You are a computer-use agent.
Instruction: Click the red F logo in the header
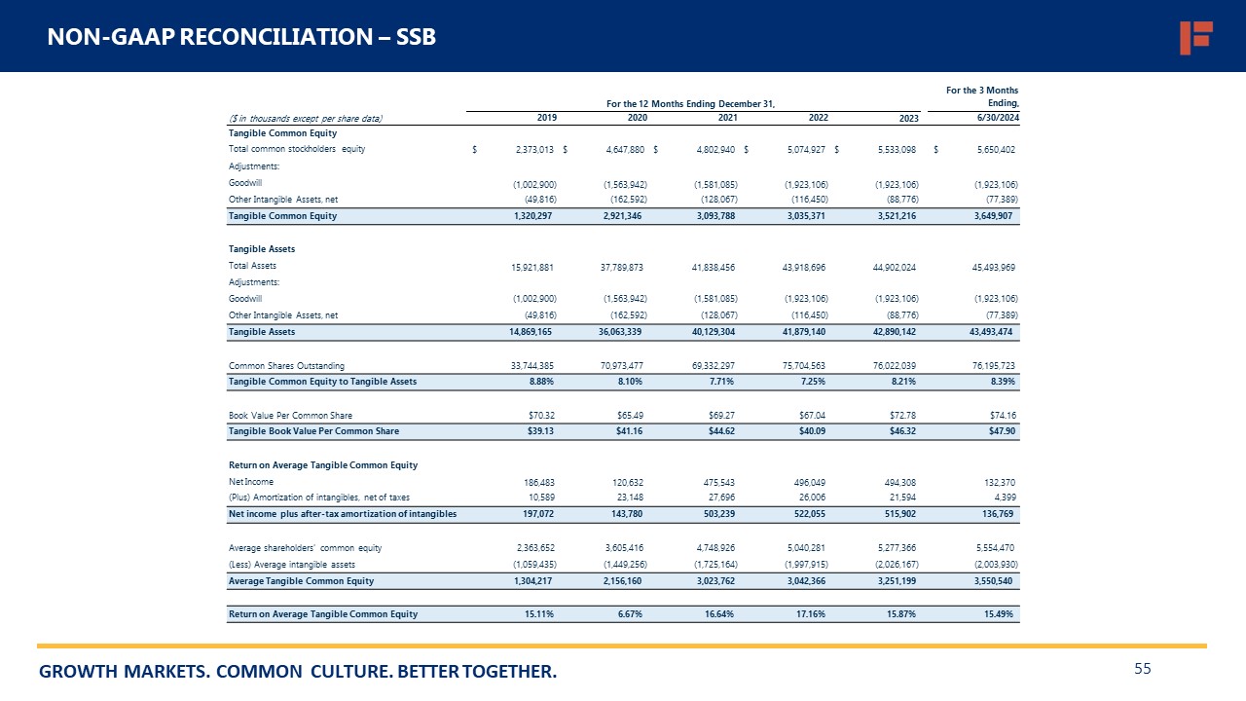pyautogui.click(x=1194, y=37)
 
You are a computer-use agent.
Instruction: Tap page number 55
pyautogui.click(x=1143, y=669)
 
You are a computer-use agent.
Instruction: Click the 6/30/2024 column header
pyautogui.click(x=998, y=118)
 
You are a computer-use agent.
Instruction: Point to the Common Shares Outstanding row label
pyautogui.click(x=286, y=365)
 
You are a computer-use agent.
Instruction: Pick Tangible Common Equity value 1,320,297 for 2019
pyautogui.click(x=534, y=216)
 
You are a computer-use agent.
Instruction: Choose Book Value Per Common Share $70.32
pyautogui.click(x=538, y=415)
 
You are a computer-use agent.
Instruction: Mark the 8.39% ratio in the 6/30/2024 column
pyautogui.click(x=1002, y=382)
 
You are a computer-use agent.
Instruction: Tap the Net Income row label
pyautogui.click(x=251, y=482)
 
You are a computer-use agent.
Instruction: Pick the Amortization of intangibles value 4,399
pyautogui.click(x=1006, y=498)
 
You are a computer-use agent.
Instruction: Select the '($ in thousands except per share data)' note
pyautogui.click(x=305, y=118)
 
